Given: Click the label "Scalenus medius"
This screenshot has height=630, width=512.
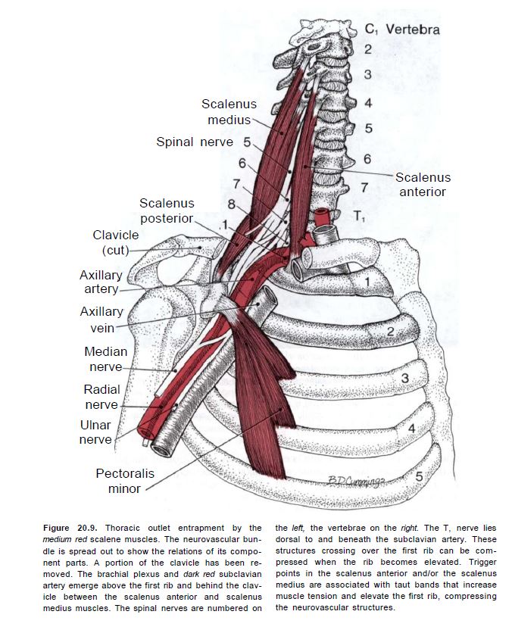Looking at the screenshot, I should (x=229, y=112).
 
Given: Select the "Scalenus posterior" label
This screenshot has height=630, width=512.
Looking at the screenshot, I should (x=167, y=211).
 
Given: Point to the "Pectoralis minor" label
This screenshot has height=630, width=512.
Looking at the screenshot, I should (x=125, y=481).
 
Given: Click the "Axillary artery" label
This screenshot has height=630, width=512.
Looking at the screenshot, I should (x=101, y=282).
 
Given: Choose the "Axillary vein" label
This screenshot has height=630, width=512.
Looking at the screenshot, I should (x=101, y=320).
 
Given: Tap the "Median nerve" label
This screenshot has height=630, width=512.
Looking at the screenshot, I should (x=105, y=359).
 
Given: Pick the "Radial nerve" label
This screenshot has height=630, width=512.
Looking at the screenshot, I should (x=101, y=397).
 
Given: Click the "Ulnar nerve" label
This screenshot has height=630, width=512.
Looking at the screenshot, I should (x=96, y=432).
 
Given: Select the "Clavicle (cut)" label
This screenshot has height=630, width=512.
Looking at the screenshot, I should (x=116, y=242).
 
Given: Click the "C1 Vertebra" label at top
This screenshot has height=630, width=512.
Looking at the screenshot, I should (x=401, y=30).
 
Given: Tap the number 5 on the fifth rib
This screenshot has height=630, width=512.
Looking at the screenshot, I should (x=418, y=476).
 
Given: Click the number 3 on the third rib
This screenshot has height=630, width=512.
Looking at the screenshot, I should (x=404, y=377).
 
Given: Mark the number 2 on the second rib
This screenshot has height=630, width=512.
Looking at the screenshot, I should (x=391, y=332).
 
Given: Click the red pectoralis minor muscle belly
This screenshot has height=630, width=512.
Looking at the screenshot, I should (x=261, y=409).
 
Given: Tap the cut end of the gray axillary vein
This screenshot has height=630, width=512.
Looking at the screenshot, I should (x=161, y=448).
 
